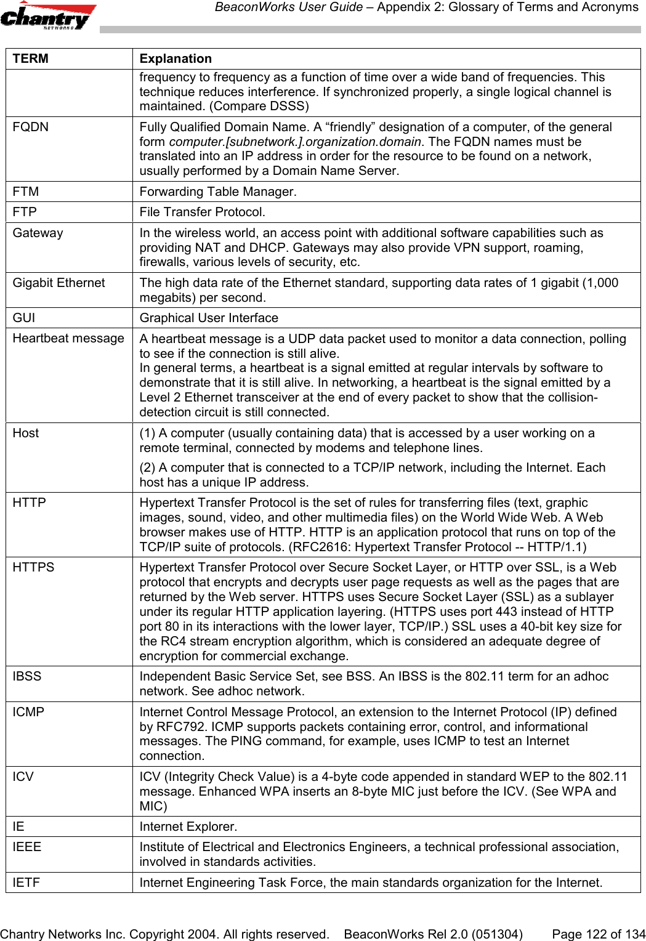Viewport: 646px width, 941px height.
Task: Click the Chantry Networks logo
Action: [x=48, y=17]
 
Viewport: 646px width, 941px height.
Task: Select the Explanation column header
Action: [x=176, y=59]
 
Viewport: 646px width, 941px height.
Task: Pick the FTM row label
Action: [x=26, y=192]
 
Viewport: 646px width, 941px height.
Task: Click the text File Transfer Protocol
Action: [x=203, y=212]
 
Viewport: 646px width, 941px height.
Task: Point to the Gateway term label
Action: [x=38, y=233]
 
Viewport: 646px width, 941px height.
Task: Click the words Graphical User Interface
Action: [x=209, y=318]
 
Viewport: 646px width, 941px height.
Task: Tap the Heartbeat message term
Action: [x=68, y=339]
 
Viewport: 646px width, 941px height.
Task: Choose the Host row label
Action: [x=26, y=433]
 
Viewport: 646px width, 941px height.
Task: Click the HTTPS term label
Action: [x=34, y=568]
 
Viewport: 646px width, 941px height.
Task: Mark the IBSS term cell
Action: [x=27, y=677]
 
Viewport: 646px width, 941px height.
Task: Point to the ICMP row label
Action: [x=29, y=712]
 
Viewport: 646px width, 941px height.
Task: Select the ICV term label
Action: [x=23, y=777]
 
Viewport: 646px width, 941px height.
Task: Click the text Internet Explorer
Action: [x=188, y=826]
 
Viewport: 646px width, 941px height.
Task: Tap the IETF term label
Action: [x=26, y=882]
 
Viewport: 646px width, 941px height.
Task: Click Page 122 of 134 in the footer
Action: [x=599, y=934]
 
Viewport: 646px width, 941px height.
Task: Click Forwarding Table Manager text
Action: [x=217, y=192]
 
